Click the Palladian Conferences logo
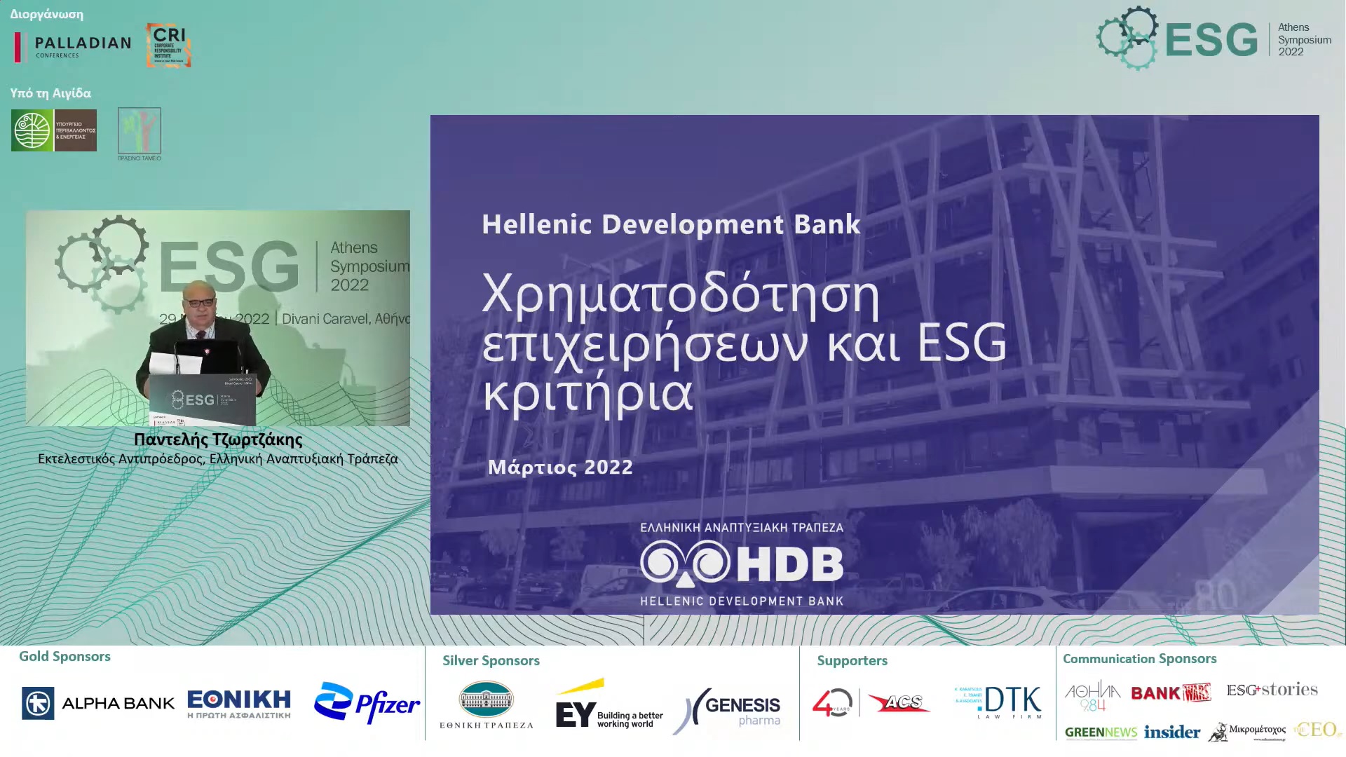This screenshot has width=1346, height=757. pyautogui.click(x=73, y=47)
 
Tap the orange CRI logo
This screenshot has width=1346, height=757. pyautogui.click(x=168, y=46)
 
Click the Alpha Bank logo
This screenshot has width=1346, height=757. pyautogui.click(x=98, y=703)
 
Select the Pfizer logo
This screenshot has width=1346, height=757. pyautogui.click(x=367, y=703)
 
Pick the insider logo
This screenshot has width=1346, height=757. pyautogui.click(x=1171, y=732)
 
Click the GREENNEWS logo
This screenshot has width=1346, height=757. pyautogui.click(x=1101, y=733)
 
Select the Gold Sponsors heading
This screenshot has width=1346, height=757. pyautogui.click(x=64, y=656)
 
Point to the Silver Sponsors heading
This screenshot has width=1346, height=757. pyautogui.click(x=491, y=660)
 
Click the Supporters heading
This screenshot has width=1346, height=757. pyautogui.click(x=852, y=660)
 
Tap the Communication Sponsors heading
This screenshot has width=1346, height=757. pyautogui.click(x=1139, y=659)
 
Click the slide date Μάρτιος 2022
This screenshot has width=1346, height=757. pyautogui.click(x=560, y=468)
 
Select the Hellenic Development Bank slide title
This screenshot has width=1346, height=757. pyautogui.click(x=671, y=224)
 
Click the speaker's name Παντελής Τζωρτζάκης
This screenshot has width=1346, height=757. pyautogui.click(x=218, y=439)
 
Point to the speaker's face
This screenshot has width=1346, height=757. pyautogui.click(x=198, y=302)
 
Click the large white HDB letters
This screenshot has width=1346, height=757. pyautogui.click(x=790, y=564)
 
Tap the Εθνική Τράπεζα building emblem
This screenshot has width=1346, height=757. pyautogui.click(x=486, y=700)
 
